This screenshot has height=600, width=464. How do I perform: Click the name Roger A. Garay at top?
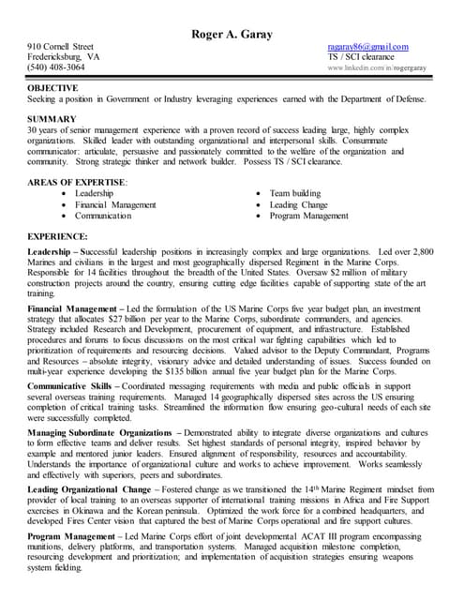coord(232,34)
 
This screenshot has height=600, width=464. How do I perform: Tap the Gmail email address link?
coord(367,46)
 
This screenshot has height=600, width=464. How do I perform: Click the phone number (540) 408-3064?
coord(55,67)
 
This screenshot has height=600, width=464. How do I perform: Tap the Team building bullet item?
coord(294,192)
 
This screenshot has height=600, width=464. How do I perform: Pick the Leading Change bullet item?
coord(298,203)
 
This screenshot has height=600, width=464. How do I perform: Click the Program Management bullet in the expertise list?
coord(308,216)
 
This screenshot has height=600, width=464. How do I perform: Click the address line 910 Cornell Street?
coord(60,46)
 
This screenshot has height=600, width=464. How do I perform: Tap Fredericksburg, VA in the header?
coord(63,56)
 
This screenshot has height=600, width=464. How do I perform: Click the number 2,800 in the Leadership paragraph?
coord(423,253)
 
